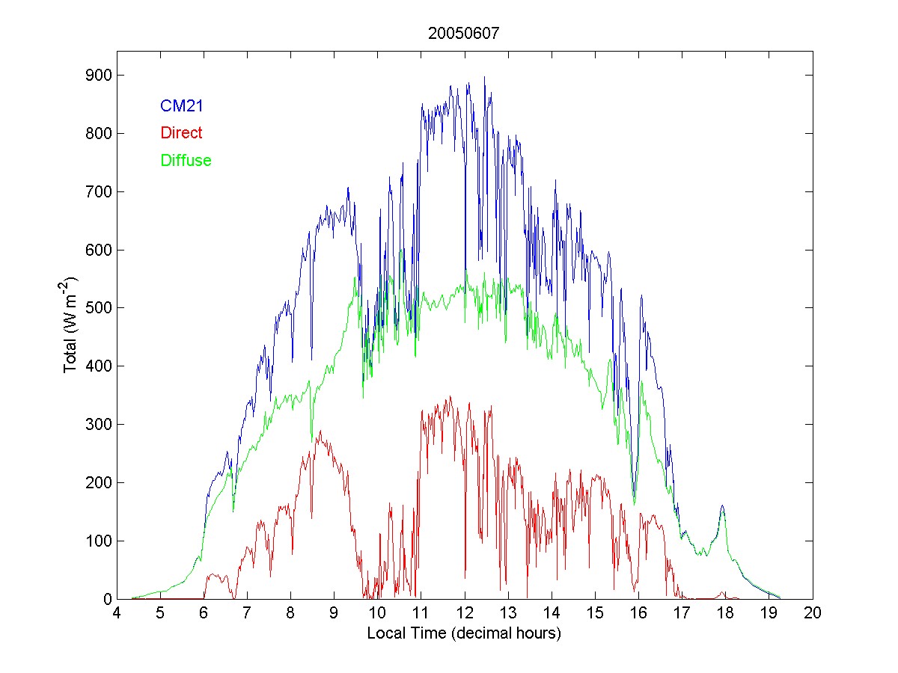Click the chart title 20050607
pyautogui.click(x=464, y=34)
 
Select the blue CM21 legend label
pyautogui.click(x=182, y=106)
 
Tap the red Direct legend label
pyautogui.click(x=181, y=133)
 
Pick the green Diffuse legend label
pyautogui.click(x=186, y=160)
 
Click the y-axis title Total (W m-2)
pyautogui.click(x=72, y=325)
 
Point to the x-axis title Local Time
pyautogui.click(x=464, y=633)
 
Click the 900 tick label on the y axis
pyautogui.click(x=97, y=76)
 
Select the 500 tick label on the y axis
pyautogui.click(x=97, y=308)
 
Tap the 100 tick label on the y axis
pyautogui.click(x=97, y=541)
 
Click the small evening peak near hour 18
pyautogui.click(x=722, y=506)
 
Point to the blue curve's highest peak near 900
pyautogui.click(x=484, y=77)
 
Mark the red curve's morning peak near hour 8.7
pyautogui.click(x=320, y=431)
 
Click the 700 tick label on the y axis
pyautogui.click(x=97, y=192)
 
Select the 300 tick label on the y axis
pyautogui.click(x=97, y=425)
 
